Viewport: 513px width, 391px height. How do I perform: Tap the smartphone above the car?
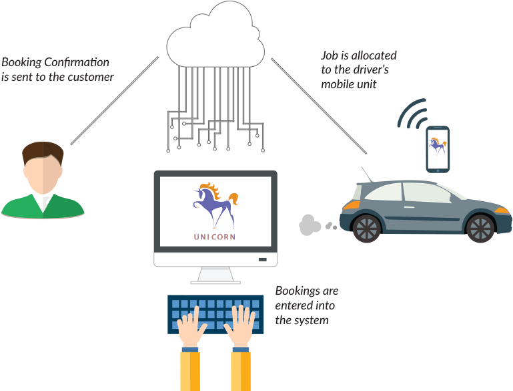[438, 150]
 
